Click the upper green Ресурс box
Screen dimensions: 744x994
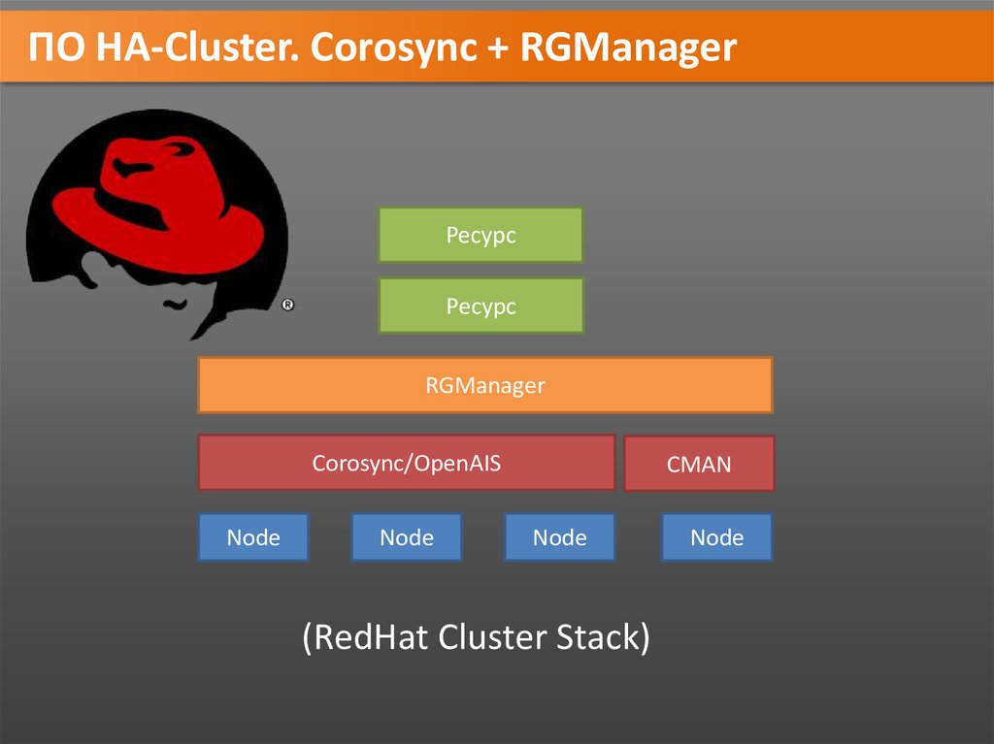480,235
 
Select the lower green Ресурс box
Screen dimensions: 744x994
480,306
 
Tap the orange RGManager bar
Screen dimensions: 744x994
484,385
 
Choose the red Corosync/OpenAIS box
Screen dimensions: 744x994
406,463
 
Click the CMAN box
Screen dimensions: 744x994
699,464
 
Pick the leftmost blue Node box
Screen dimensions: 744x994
253,537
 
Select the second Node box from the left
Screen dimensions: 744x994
407,537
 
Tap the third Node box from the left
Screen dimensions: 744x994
559,537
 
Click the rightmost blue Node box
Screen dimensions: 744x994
716,537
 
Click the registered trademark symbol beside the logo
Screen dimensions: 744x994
288,306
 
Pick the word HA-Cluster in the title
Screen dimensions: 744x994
195,48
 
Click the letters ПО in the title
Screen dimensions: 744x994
57,48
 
